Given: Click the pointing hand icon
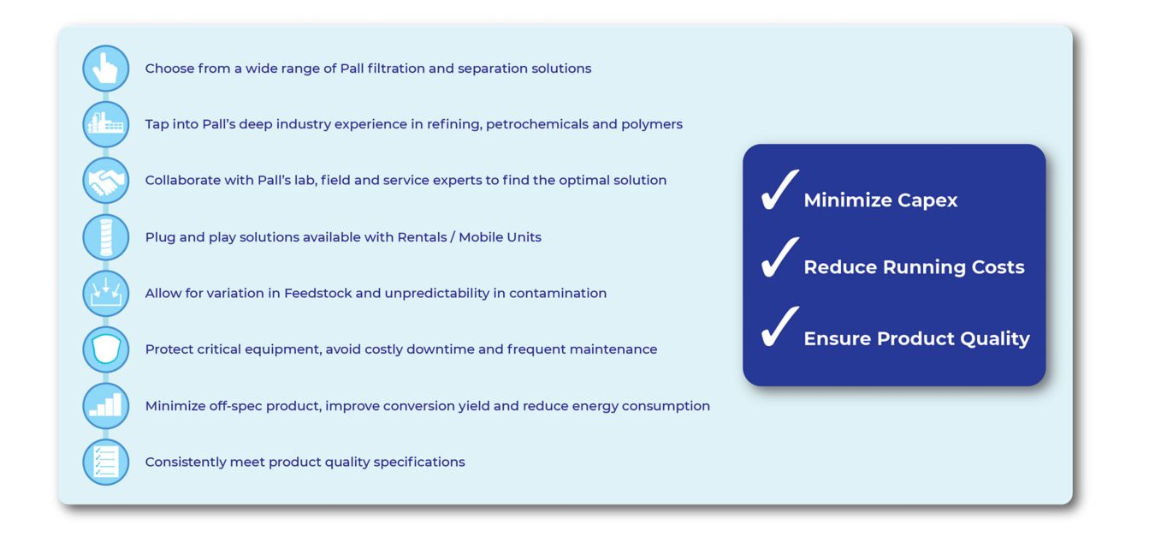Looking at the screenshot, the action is click(x=106, y=69).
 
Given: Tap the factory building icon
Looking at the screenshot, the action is click(x=106, y=124).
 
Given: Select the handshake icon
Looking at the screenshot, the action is click(x=106, y=181).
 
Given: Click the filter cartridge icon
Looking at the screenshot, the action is click(x=106, y=237).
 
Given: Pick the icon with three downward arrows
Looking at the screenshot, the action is click(x=106, y=293).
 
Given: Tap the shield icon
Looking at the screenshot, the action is click(x=106, y=349).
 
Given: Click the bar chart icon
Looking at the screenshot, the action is click(x=106, y=406).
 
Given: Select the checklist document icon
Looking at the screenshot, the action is click(x=106, y=462).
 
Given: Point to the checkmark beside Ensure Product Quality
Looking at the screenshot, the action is click(x=779, y=328).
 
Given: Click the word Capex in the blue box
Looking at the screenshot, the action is click(x=927, y=201).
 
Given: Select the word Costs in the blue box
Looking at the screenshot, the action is click(x=998, y=267).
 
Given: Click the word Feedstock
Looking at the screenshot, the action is click(x=317, y=293).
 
